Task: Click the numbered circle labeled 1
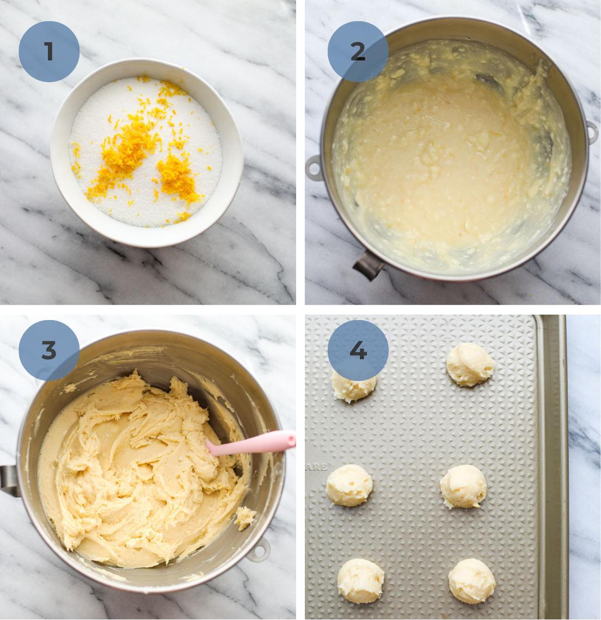49,52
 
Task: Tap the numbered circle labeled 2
358,52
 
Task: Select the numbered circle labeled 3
49,350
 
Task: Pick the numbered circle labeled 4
358,350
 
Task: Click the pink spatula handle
256,443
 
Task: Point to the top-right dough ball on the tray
470,364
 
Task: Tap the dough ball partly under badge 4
354,388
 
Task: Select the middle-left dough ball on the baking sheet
349,485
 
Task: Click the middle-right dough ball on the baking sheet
463,486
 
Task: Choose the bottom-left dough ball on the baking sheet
360,580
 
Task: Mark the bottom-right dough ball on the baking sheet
472,581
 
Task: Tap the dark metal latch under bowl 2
369,266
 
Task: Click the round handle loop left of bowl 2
314,168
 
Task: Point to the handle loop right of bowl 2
591,132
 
